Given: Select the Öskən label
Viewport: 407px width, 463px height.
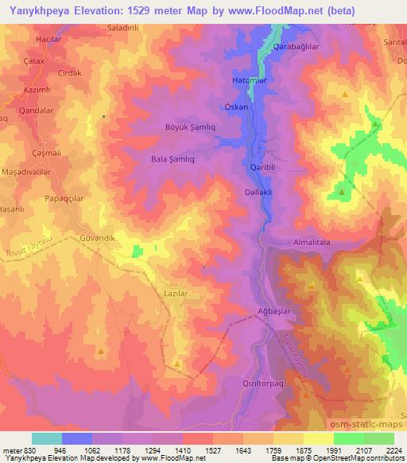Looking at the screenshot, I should [x=236, y=106].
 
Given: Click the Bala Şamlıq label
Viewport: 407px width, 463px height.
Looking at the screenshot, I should [x=172, y=159].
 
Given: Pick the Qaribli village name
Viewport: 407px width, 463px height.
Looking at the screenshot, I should [x=262, y=167].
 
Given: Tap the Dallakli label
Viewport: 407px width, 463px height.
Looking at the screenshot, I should [x=260, y=192].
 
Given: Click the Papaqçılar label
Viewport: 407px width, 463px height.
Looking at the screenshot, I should [x=65, y=197].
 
